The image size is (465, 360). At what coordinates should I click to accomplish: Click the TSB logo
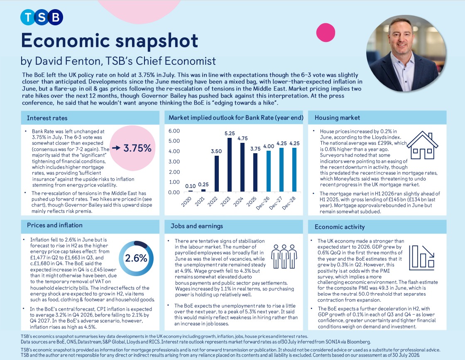(42, 17)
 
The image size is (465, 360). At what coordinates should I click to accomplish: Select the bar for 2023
(230, 164)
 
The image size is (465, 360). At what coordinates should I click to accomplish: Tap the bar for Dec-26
(269, 171)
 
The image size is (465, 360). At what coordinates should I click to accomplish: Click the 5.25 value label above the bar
(230, 133)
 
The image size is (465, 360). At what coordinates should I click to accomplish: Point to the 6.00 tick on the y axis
(174, 131)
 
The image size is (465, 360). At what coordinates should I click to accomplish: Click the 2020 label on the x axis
(186, 202)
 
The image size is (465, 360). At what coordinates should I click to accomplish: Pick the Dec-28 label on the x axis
(289, 203)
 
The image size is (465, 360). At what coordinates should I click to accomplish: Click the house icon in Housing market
(422, 145)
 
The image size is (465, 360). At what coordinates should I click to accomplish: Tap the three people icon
(284, 256)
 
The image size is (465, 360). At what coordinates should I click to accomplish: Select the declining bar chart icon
(421, 257)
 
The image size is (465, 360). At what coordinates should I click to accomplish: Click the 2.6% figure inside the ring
(136, 258)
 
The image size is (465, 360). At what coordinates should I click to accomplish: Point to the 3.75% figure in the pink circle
(137, 148)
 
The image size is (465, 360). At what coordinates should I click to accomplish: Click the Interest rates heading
(47, 118)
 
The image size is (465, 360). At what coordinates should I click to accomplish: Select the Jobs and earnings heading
(197, 226)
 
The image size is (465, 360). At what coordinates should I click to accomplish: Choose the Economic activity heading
(340, 227)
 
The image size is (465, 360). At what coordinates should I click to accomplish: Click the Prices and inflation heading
(54, 225)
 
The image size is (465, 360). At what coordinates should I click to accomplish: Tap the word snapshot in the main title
(157, 41)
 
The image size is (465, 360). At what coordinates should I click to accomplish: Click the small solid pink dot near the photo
(325, 33)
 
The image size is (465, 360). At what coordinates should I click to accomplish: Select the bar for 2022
(216, 174)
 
